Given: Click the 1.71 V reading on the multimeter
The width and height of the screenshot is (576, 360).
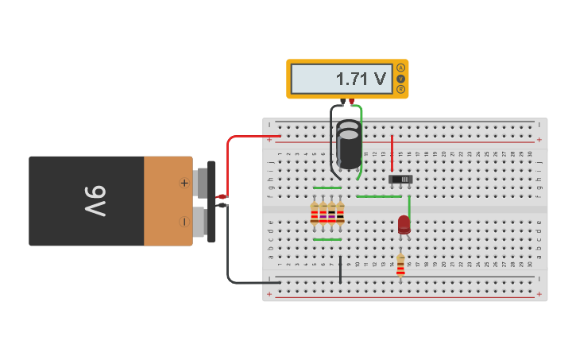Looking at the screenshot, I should click(360, 79).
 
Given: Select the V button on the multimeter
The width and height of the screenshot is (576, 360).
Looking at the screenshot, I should click(400, 79).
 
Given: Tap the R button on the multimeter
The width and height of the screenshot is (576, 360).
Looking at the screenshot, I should click(400, 89).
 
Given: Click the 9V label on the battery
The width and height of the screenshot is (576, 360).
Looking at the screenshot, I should click(95, 201).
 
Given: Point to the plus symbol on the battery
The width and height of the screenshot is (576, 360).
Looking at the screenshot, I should click(184, 183).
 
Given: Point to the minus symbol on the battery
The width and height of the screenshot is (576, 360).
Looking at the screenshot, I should click(184, 222).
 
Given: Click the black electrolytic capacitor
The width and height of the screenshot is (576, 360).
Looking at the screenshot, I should click(348, 145).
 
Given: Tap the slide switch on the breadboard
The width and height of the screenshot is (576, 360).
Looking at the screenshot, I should click(401, 180).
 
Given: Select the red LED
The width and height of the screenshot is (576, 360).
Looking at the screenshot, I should click(404, 225).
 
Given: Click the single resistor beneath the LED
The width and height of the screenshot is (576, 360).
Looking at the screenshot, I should click(400, 265).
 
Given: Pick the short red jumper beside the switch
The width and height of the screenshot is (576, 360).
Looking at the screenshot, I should click(392, 153).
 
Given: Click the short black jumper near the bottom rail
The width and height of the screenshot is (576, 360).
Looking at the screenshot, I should click(340, 269).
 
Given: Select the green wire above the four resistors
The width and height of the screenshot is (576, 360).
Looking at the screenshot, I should click(327, 188).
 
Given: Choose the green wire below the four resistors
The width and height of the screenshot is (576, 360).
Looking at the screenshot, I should click(327, 239).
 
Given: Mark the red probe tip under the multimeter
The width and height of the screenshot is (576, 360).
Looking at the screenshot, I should click(351, 102).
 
